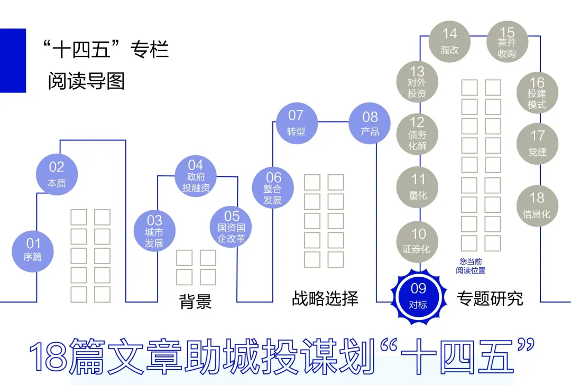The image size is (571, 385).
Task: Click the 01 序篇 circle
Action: click(33, 250)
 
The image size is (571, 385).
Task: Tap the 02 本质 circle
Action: click(57, 174)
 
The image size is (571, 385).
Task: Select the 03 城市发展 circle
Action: click(154, 231)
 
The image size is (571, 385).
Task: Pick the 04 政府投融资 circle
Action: click(196, 176)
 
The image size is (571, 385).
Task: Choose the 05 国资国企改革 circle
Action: click(232, 227)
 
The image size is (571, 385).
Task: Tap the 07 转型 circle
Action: click(296, 123)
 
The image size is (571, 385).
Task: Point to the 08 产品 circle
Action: click(370, 124)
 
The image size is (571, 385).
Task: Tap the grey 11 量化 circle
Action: click(418, 187)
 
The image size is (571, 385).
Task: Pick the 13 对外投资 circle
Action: click(417, 82)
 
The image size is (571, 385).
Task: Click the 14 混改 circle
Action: click(449, 41)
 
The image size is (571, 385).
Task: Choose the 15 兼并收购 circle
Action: click(507, 41)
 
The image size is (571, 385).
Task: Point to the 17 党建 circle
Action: click(537, 144)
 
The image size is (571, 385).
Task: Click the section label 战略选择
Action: click(325, 299)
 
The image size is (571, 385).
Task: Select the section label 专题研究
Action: click(490, 299)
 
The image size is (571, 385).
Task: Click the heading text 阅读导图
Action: click(86, 81)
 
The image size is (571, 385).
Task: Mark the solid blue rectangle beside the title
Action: click(13, 60)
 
